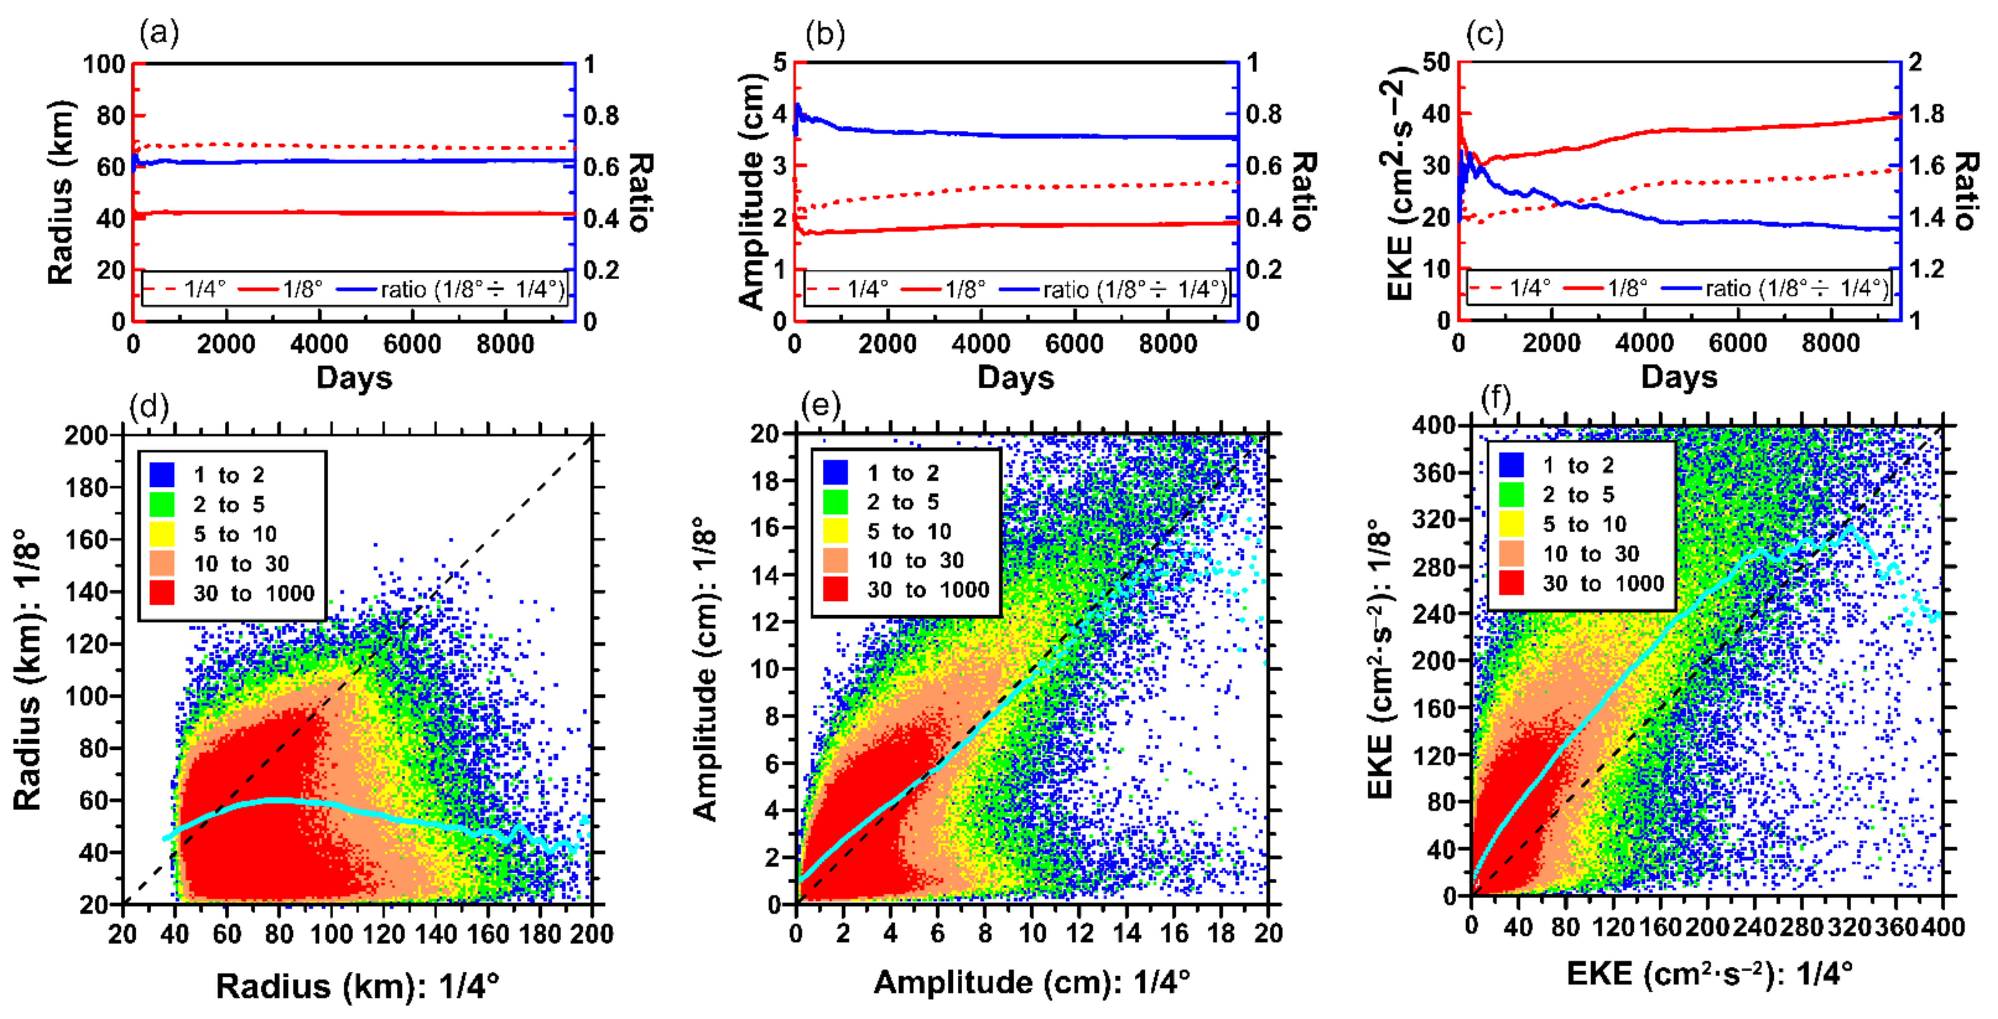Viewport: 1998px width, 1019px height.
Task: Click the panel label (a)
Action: click(159, 33)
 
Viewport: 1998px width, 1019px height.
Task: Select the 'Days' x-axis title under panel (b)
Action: click(1015, 378)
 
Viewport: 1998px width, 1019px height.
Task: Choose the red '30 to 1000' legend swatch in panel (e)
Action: click(836, 589)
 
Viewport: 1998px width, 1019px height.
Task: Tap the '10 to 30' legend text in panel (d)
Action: click(241, 564)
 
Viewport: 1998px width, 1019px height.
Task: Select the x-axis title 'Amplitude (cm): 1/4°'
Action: click(1032, 983)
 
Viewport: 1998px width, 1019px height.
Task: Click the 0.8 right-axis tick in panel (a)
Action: click(601, 115)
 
